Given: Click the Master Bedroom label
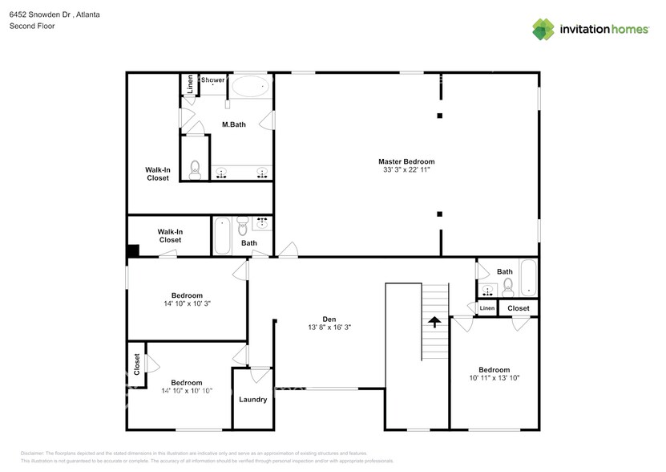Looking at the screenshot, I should pos(406,161).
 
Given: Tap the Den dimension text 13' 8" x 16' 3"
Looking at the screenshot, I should pos(329,328).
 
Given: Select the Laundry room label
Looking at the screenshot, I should pos(252,399).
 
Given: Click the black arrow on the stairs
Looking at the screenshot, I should pos(434,322).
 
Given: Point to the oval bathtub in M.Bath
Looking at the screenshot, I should pos(252,86).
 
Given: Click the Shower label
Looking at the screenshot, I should pos(213,79).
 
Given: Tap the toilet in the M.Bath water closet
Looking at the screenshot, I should pos(195,169).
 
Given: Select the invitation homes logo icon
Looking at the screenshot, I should pos(544,29).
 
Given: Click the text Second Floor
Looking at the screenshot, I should pos(31,26).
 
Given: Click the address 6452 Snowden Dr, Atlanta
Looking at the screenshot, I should pos(54,14).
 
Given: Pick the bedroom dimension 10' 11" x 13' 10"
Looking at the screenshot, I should pos(494,377).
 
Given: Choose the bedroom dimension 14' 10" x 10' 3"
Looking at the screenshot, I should pos(186,303).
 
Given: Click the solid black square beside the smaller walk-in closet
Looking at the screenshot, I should pos(133,250).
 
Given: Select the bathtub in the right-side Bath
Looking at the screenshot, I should pos(528,277).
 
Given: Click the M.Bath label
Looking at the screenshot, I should pos(233,124).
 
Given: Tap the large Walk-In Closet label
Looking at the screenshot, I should pos(157,173).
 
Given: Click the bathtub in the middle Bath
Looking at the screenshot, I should pos(223,234).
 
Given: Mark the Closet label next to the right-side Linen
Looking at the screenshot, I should pos(518,308).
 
